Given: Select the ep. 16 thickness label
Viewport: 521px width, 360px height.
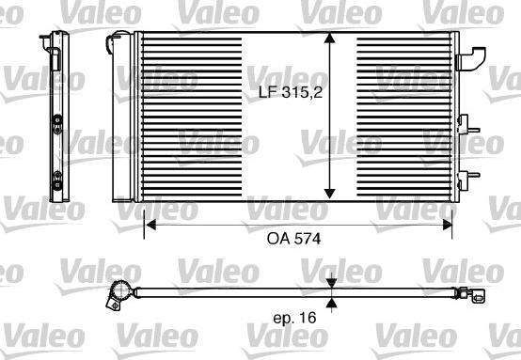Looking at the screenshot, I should pos(293,320).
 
